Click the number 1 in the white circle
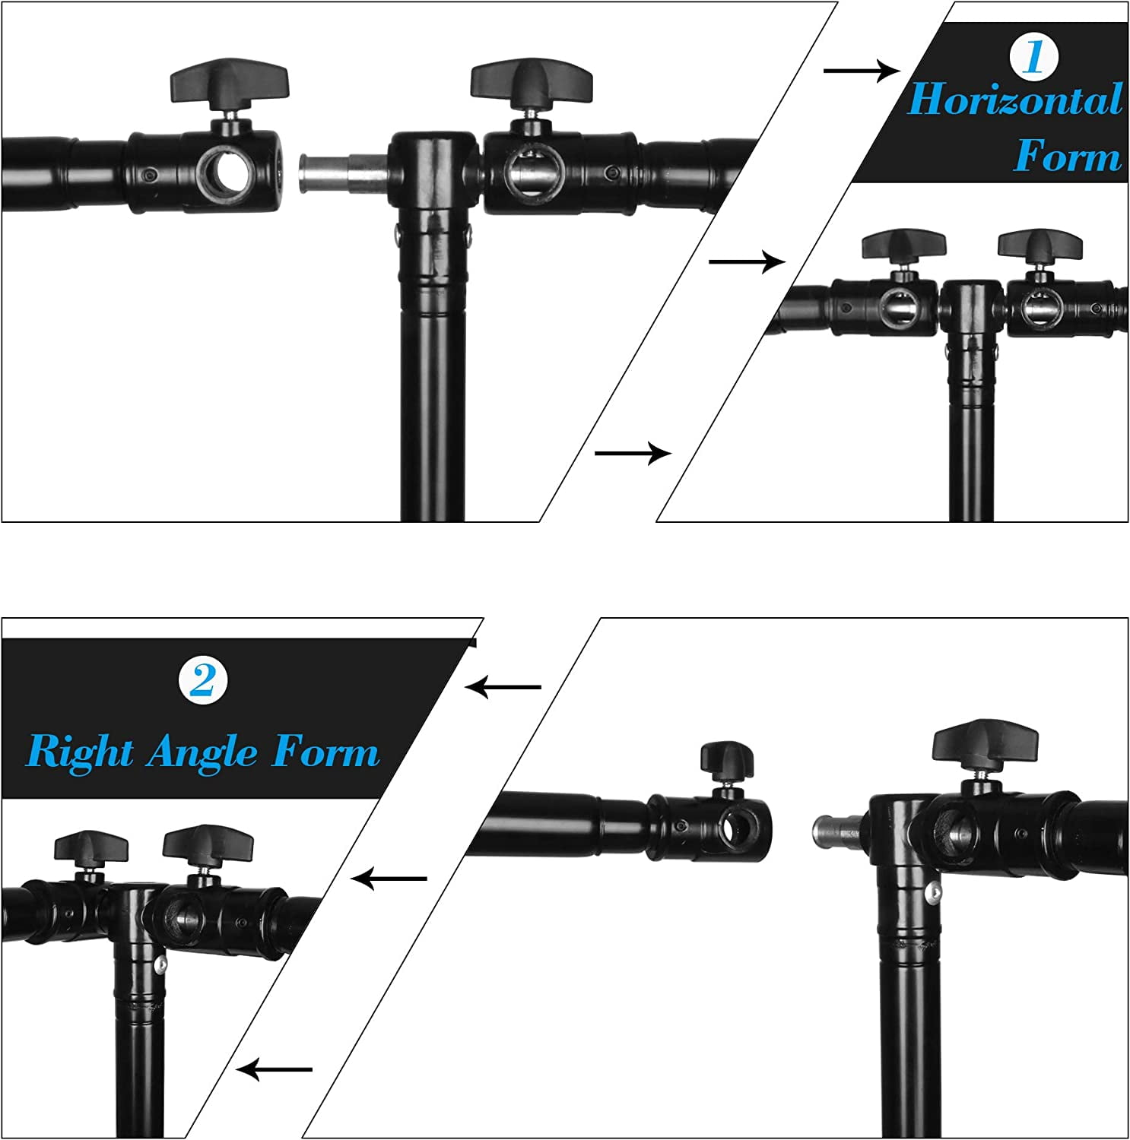(1033, 56)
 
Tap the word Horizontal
(1015, 100)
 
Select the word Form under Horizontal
(1068, 156)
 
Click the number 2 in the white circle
(203, 680)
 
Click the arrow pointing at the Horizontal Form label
(862, 71)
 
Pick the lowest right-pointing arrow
(633, 453)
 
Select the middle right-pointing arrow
(747, 261)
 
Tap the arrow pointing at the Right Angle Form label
(503, 687)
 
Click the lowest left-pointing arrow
(274, 1069)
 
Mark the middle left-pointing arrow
(389, 879)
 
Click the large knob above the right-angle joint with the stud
(986, 739)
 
